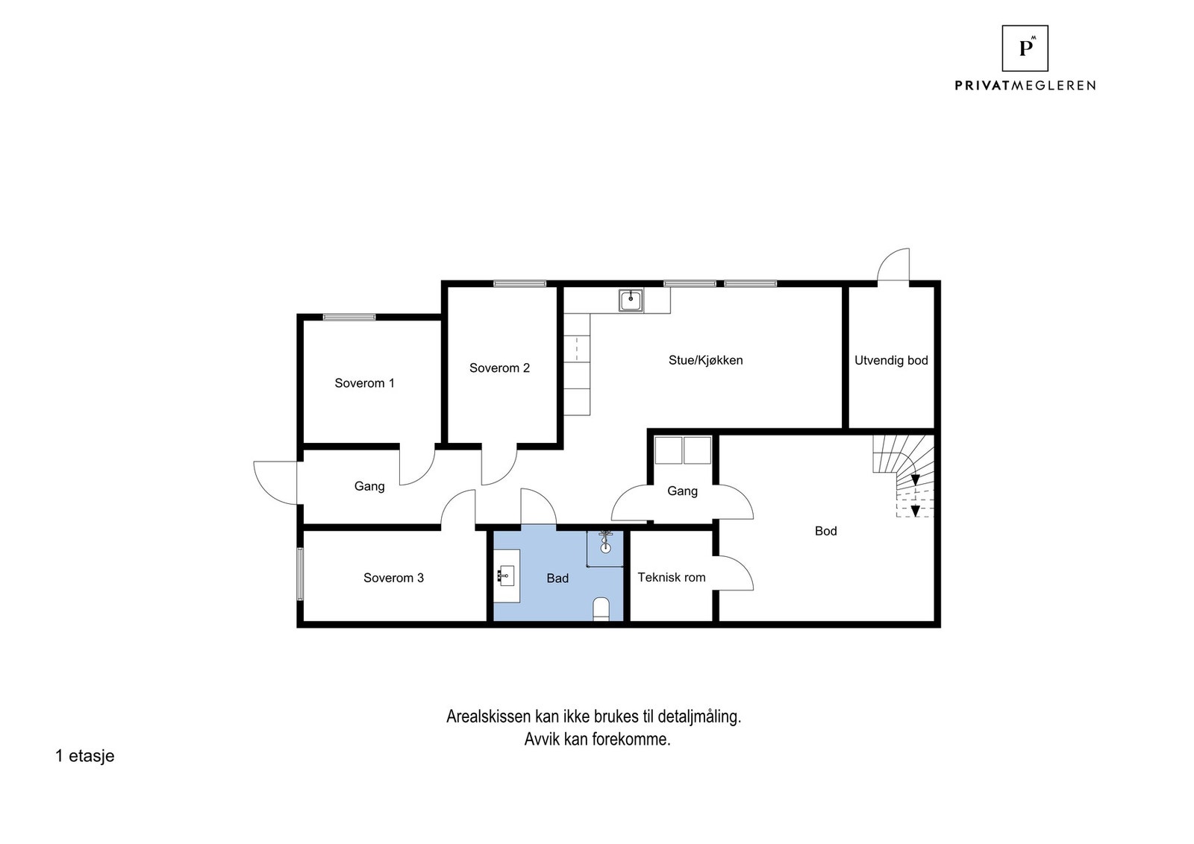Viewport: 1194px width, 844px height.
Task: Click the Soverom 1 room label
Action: pos(364,383)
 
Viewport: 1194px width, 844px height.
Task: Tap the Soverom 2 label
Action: pos(499,368)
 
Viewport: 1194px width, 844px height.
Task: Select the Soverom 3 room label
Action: pos(393,578)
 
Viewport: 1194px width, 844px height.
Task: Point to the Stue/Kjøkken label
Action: pos(705,360)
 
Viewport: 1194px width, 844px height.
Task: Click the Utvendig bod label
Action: pos(891,360)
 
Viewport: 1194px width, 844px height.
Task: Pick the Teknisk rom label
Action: pos(671,577)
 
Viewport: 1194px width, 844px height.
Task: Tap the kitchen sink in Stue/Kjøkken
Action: pos(631,300)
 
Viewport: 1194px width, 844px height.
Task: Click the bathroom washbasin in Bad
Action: pos(507,575)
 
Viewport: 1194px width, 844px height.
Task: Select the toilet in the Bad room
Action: pos(601,609)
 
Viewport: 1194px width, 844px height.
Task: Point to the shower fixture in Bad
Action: pos(605,542)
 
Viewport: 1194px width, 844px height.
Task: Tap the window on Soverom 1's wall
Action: pos(349,317)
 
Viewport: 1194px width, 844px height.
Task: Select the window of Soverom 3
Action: pos(300,574)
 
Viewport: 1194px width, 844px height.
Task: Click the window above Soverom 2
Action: pos(519,283)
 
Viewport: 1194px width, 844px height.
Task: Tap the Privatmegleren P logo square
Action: pos(1025,48)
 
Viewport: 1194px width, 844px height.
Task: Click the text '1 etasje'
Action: pos(84,756)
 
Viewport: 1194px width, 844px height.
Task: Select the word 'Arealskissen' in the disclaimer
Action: pos(489,717)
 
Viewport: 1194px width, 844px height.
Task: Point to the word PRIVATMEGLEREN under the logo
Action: pos(1025,86)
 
